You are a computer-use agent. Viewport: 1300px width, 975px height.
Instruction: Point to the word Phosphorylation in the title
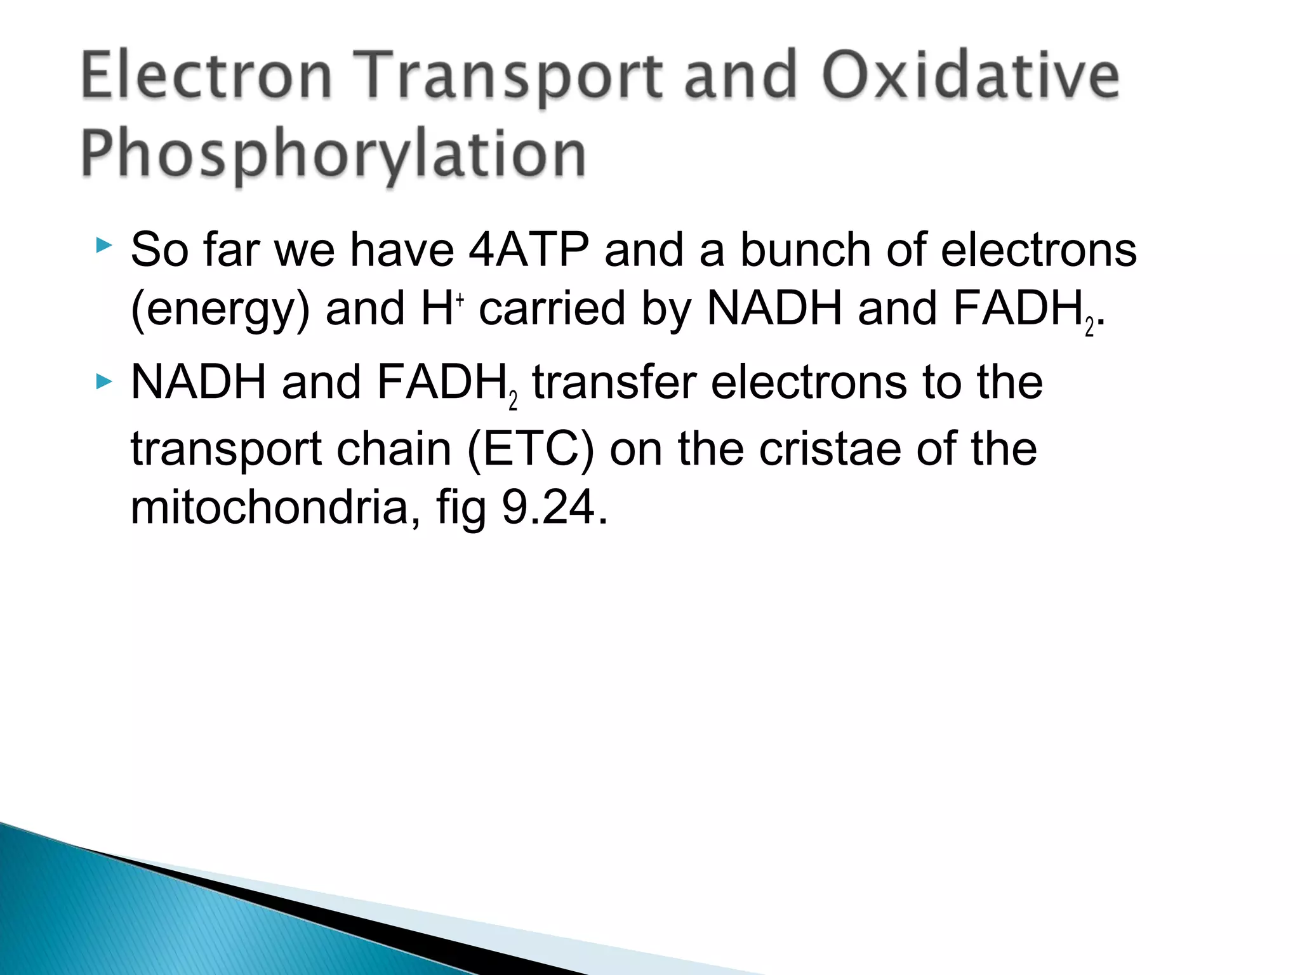(333, 154)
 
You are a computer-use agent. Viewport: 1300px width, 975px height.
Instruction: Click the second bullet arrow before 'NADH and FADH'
(104, 381)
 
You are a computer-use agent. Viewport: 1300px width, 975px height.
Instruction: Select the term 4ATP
(529, 249)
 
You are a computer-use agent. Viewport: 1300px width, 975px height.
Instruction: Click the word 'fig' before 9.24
(461, 508)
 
